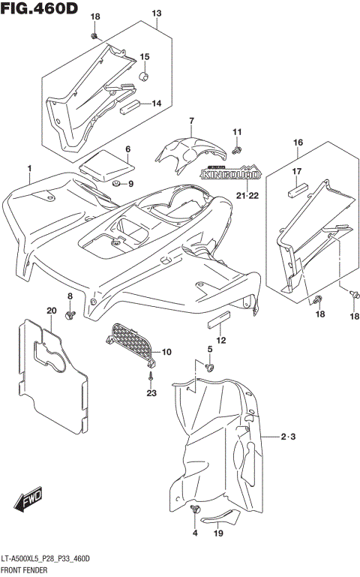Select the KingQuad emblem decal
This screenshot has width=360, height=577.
point(230,174)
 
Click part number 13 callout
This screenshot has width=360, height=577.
point(156,14)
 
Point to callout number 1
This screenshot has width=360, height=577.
point(29,168)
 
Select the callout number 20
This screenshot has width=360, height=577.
point(51,311)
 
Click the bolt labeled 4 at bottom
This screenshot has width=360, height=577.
point(196,510)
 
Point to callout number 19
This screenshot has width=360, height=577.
point(218,533)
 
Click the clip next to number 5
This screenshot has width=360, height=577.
point(210,367)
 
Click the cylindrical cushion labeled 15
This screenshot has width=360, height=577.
point(144,76)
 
